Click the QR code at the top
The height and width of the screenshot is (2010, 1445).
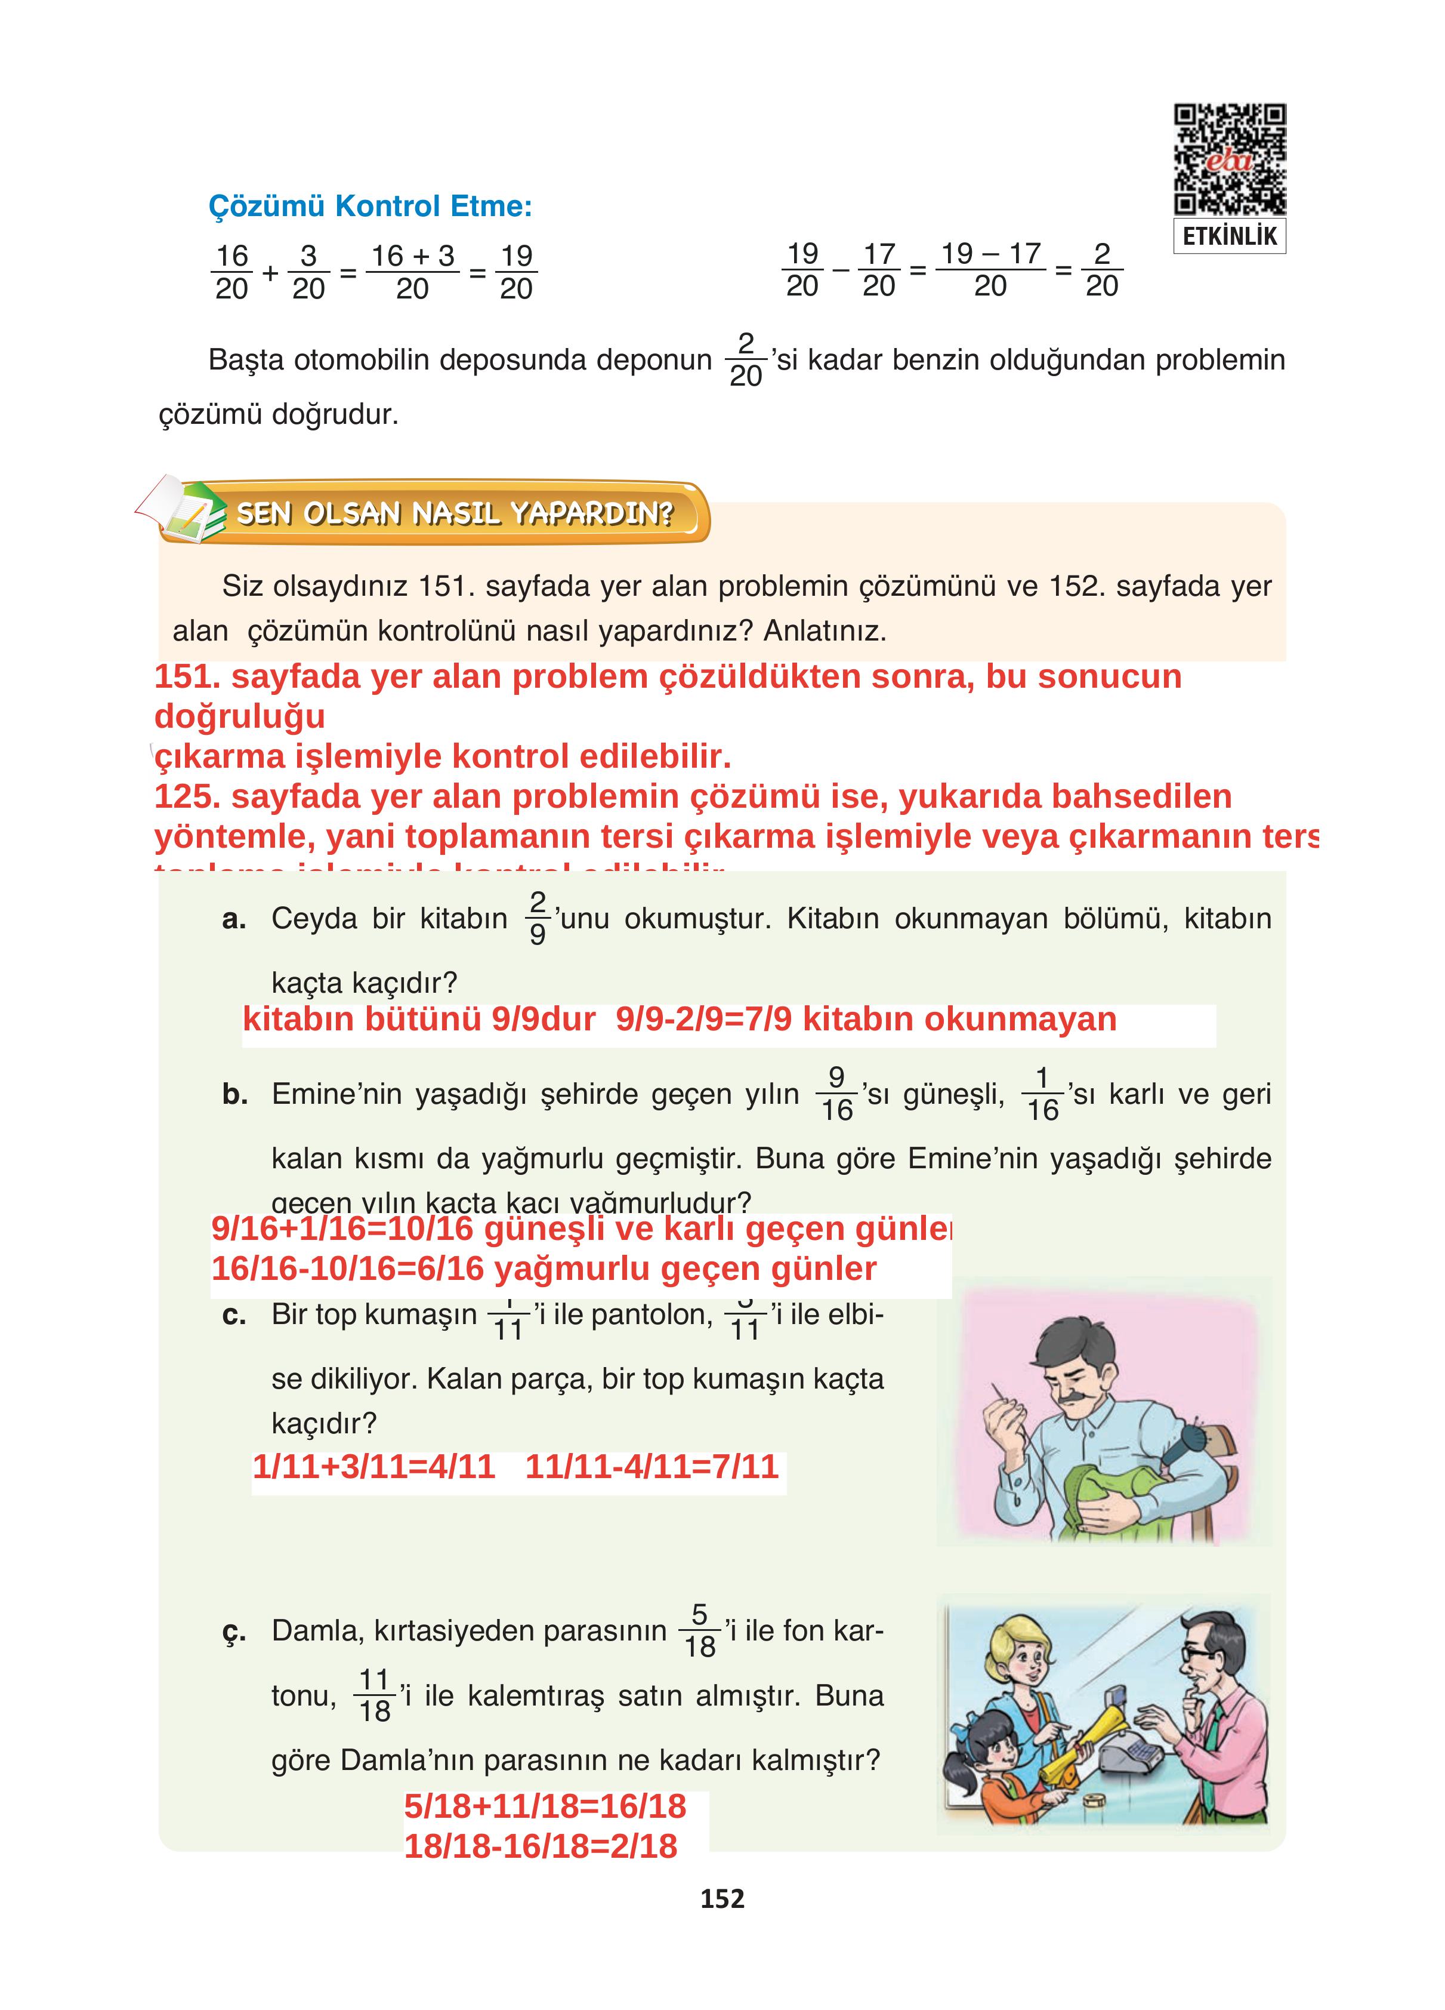pos(1230,159)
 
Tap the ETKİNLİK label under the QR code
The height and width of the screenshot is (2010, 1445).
pos(1230,236)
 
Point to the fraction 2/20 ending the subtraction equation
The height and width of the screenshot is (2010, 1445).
pos(1101,269)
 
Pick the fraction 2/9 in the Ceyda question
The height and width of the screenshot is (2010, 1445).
pos(538,918)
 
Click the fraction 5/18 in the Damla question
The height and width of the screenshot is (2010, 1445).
pos(699,1631)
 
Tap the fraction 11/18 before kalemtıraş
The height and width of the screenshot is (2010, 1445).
pos(375,1695)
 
